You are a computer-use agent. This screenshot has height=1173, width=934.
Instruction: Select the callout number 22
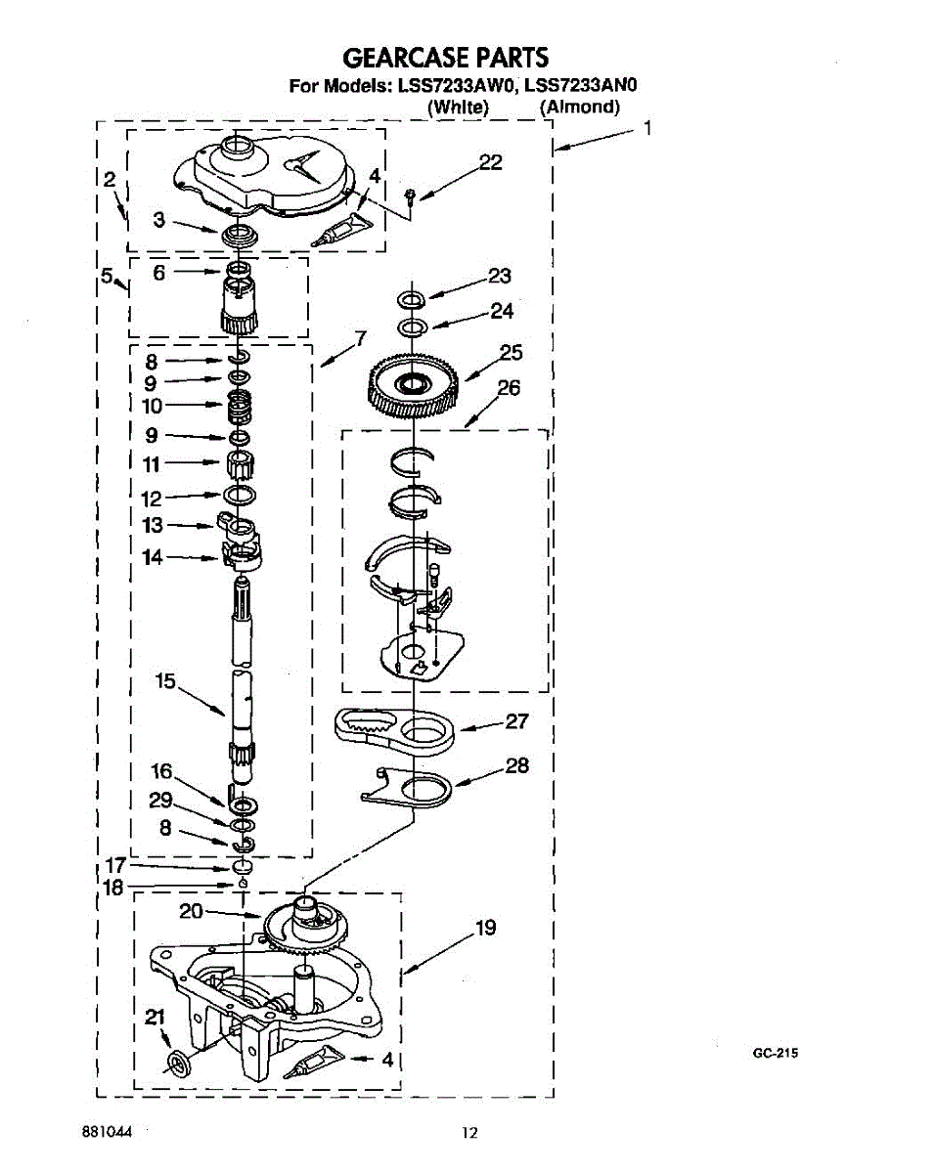(490, 162)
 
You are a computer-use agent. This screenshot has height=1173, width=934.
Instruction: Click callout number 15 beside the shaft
(165, 680)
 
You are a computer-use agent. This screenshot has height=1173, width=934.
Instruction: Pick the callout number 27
(516, 721)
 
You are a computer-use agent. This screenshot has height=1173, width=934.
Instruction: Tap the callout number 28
(516, 765)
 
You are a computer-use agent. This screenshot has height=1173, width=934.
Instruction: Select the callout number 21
(155, 1017)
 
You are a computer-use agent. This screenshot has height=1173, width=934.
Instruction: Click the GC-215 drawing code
(776, 1053)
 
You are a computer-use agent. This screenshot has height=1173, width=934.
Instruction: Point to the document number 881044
(106, 1132)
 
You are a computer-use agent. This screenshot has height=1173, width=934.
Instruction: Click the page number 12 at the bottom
(470, 1133)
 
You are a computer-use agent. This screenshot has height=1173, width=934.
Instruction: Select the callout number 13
(153, 525)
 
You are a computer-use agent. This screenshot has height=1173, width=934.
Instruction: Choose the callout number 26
(509, 388)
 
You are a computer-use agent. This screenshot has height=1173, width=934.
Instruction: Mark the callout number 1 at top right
(645, 126)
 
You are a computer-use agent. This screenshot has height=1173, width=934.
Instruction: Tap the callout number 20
(191, 911)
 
